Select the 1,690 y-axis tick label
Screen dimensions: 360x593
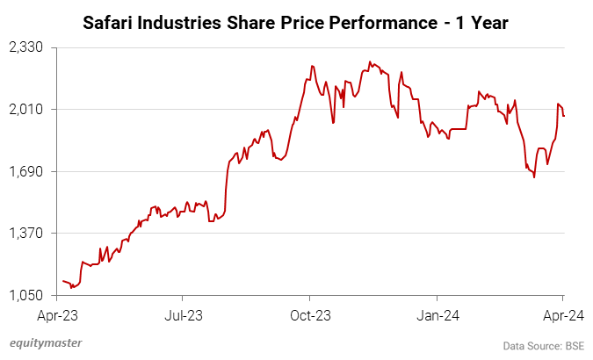tap(28, 171)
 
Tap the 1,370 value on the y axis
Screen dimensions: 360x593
tap(28, 233)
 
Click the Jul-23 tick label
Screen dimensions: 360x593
tap(180, 313)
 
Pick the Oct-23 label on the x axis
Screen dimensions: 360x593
tap(309, 313)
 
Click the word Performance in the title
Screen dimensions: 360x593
tap(391, 21)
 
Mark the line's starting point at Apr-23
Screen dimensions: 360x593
tap(63, 281)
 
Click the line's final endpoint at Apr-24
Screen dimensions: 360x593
tap(563, 116)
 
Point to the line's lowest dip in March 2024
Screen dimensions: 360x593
tap(534, 177)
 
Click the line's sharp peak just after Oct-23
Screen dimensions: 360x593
tap(312, 66)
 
